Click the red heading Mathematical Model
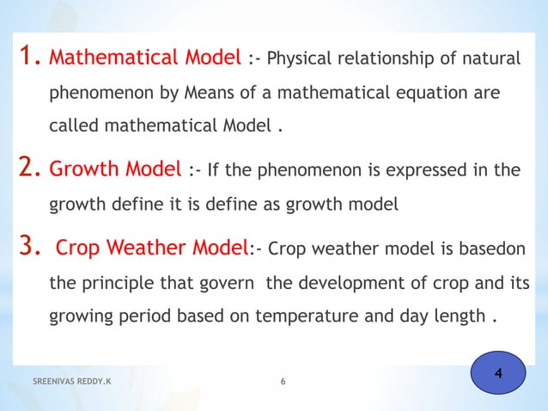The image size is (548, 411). pyautogui.click(x=145, y=59)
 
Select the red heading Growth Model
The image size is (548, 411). pyautogui.click(x=115, y=169)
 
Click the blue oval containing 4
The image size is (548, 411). pyautogui.click(x=499, y=375)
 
